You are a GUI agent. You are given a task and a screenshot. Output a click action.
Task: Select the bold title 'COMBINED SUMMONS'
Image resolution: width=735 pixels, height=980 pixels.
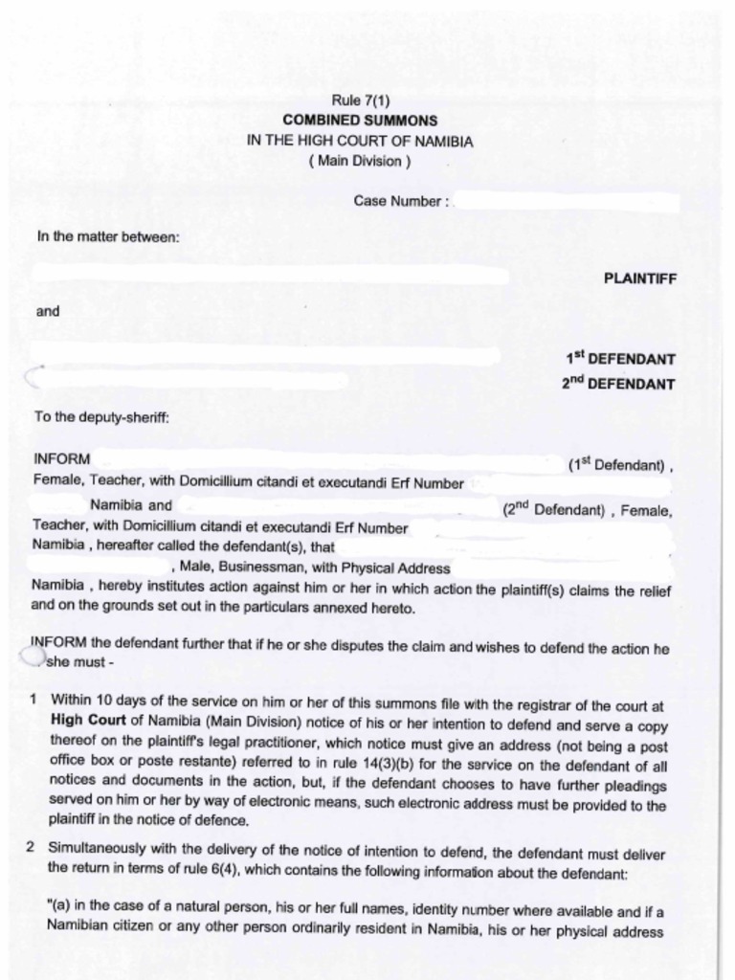360,121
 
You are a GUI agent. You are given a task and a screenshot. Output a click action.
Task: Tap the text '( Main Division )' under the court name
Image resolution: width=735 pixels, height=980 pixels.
360,161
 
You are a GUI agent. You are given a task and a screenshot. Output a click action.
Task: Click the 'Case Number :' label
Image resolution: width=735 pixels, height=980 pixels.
401,202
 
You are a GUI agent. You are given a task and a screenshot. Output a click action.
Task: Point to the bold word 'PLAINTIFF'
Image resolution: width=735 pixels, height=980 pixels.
639,278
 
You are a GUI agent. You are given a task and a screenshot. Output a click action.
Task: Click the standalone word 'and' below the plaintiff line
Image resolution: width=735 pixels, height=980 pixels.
48,311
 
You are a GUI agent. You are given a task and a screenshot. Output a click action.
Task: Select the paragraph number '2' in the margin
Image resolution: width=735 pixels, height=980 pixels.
32,848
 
